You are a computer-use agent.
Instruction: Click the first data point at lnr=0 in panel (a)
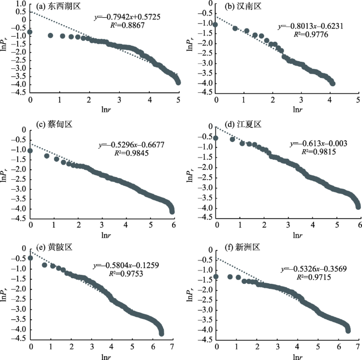pos(30,32)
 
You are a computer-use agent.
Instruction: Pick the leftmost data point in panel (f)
pos(216,276)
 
